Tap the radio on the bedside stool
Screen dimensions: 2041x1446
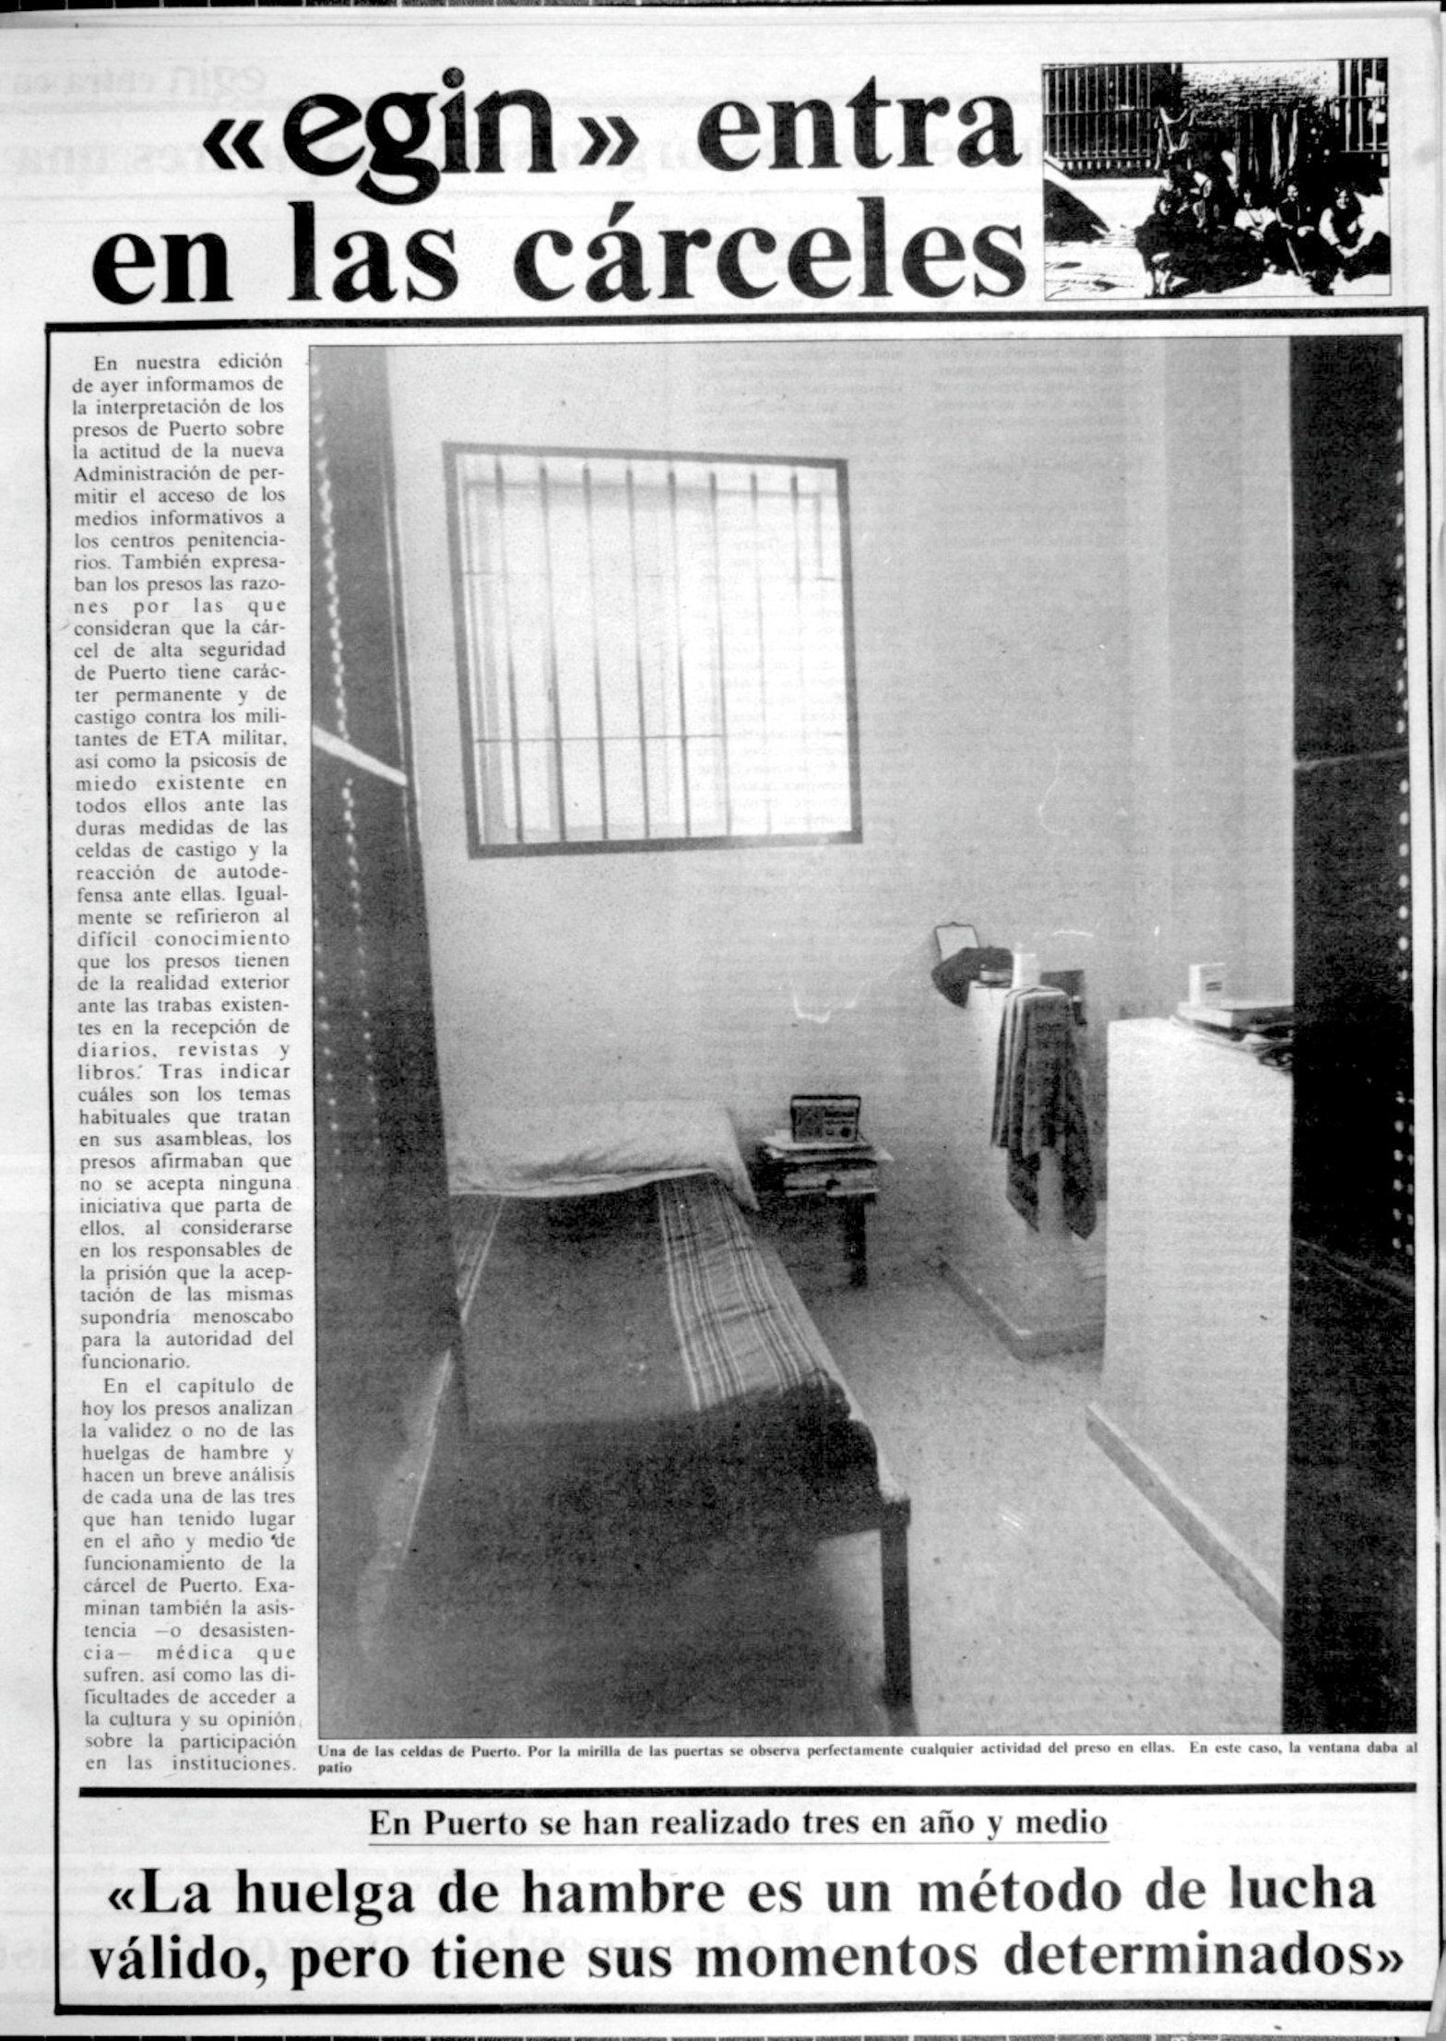(825, 1118)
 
